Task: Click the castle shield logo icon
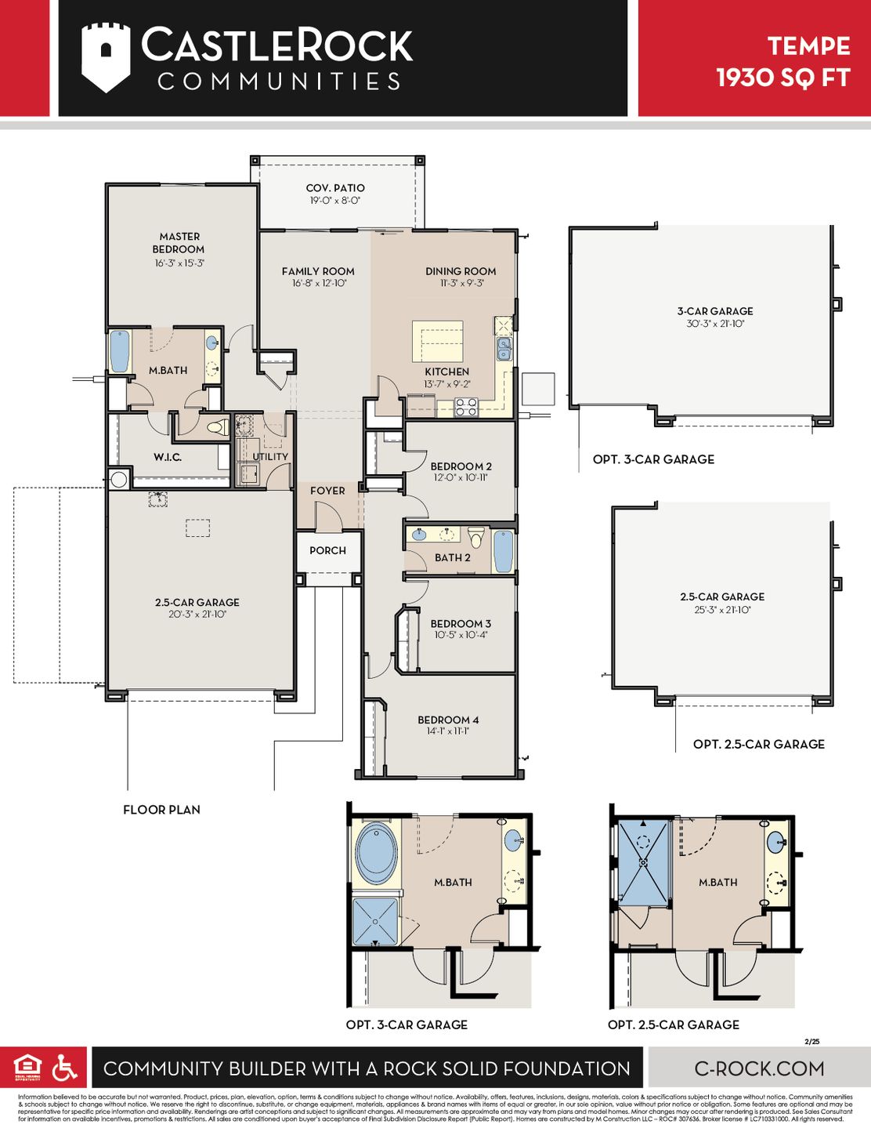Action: [106, 57]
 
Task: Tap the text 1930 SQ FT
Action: [782, 78]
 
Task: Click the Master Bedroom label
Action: [179, 242]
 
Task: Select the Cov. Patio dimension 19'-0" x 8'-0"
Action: [334, 201]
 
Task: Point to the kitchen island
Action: [438, 341]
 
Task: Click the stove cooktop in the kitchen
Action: [467, 407]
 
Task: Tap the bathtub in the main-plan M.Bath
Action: [119, 351]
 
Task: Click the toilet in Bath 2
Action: [476, 538]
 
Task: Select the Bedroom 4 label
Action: [448, 720]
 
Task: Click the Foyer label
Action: [327, 491]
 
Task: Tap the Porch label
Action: [327, 550]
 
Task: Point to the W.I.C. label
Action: [168, 457]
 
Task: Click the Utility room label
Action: [270, 456]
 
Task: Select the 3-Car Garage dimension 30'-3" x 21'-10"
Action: [715, 323]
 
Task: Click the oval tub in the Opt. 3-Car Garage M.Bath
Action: [376, 851]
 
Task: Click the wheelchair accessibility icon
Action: [64, 1068]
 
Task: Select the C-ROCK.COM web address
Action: [759, 1068]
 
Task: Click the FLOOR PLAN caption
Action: [161, 810]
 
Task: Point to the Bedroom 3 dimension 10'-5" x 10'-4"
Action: [461, 635]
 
